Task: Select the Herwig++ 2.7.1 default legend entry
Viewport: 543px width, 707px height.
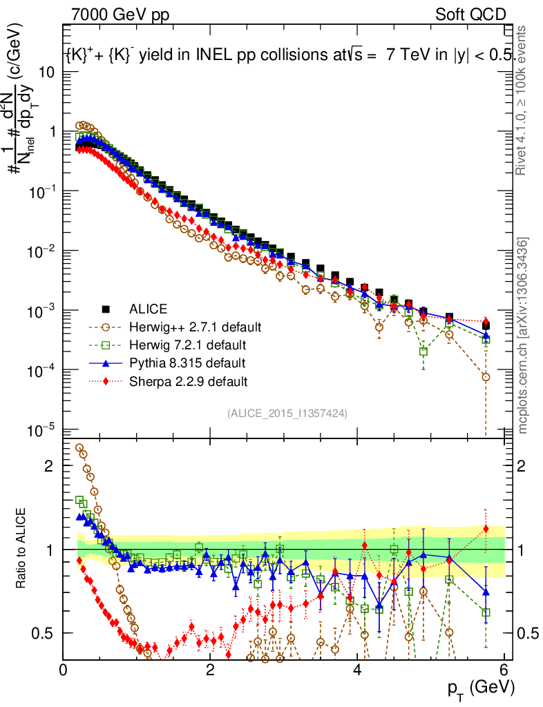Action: click(x=186, y=327)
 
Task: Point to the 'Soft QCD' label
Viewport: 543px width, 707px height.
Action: click(x=470, y=14)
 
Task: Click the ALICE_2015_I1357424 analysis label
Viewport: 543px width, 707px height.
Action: click(x=287, y=413)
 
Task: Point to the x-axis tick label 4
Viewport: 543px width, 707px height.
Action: click(x=357, y=670)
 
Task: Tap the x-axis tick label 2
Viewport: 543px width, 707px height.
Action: click(x=210, y=670)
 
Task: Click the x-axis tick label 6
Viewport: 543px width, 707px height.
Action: click(x=504, y=670)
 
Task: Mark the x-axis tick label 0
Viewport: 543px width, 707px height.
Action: click(x=63, y=670)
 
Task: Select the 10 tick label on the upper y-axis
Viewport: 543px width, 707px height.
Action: click(x=46, y=72)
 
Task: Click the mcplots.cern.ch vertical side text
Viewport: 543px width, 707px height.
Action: click(x=523, y=335)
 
